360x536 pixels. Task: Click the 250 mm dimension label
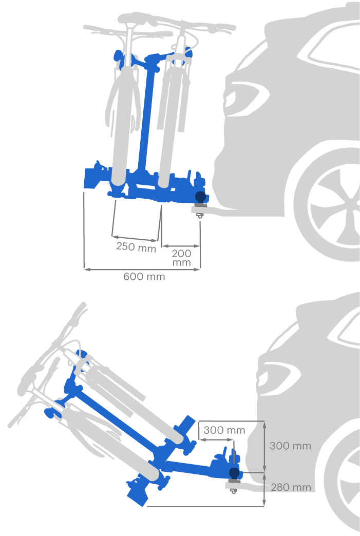pyautogui.click(x=136, y=246)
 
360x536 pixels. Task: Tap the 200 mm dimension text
pyautogui.click(x=181, y=258)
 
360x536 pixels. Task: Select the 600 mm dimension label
pyautogui.click(x=144, y=276)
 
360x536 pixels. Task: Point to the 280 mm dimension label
pyautogui.click(x=291, y=487)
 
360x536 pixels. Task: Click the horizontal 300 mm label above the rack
pyautogui.click(x=224, y=430)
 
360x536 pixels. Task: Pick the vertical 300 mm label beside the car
pyautogui.click(x=290, y=446)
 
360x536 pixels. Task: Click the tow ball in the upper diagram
pyautogui.click(x=201, y=197)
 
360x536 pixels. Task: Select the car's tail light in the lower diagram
pyautogui.click(x=277, y=379)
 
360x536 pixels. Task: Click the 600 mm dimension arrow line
pyautogui.click(x=142, y=270)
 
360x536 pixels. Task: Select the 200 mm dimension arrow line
pyautogui.click(x=180, y=245)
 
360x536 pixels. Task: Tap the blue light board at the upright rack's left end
pyautogui.click(x=91, y=178)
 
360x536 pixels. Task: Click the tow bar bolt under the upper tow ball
pyautogui.click(x=199, y=215)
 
